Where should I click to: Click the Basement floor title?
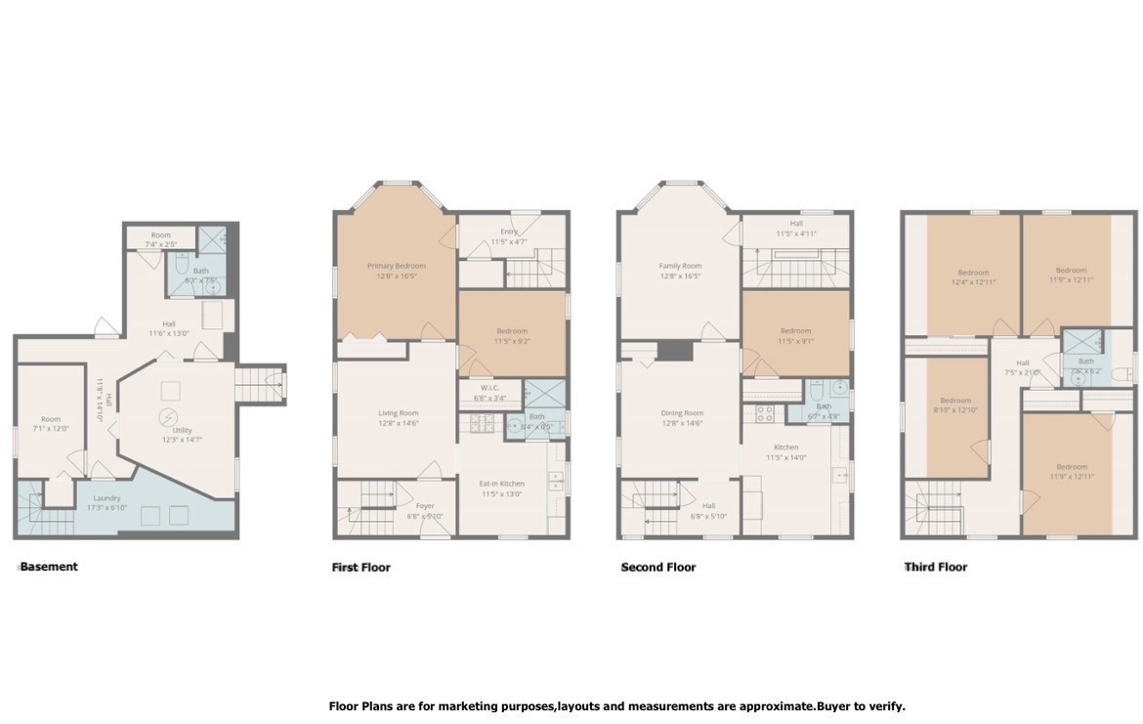click(x=48, y=567)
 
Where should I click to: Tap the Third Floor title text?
click(x=936, y=567)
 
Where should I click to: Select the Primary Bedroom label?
click(x=397, y=266)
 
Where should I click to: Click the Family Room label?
click(x=681, y=266)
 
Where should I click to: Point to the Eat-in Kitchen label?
click(x=502, y=484)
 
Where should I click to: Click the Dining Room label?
click(x=681, y=413)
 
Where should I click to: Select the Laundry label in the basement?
click(x=107, y=498)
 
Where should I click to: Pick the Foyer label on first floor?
click(x=424, y=506)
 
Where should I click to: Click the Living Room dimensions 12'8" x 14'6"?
click(x=398, y=423)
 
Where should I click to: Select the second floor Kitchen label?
click(x=785, y=447)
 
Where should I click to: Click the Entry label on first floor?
click(x=508, y=232)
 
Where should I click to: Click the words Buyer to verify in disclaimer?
click(x=861, y=706)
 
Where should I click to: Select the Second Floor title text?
click(x=658, y=567)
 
